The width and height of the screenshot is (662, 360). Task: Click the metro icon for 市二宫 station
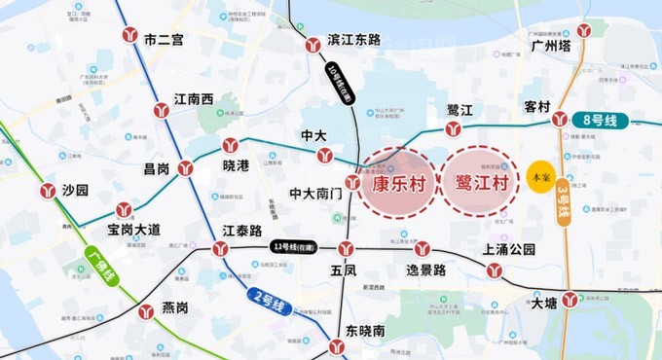(129, 36)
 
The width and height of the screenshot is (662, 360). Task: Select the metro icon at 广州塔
(584, 29)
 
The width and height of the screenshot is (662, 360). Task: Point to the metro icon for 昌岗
(186, 168)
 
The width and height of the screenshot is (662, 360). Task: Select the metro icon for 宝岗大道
(124, 209)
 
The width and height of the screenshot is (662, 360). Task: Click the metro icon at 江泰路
(221, 249)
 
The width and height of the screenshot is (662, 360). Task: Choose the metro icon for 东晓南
(337, 346)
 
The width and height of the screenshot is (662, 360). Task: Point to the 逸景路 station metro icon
(422, 249)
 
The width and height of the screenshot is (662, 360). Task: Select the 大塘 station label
(545, 303)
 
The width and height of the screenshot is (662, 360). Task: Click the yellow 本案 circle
(539, 178)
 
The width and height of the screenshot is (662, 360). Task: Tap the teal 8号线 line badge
(601, 121)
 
